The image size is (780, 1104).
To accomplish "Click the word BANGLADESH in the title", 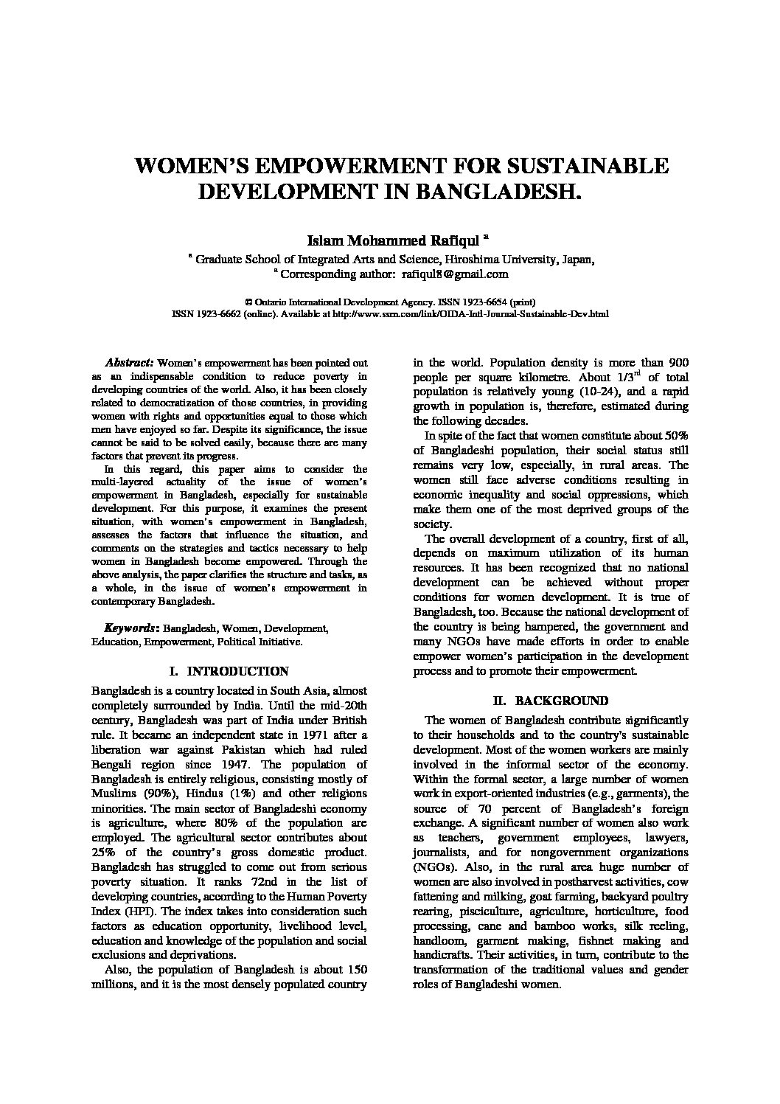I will (490, 192).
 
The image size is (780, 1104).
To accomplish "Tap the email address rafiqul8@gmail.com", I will (455, 274).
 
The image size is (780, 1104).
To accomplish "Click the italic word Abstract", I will (129, 364).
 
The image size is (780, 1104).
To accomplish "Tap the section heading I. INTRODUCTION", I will (229, 672).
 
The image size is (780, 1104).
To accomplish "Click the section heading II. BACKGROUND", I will (550, 701).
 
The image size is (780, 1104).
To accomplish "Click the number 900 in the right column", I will (677, 363).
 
